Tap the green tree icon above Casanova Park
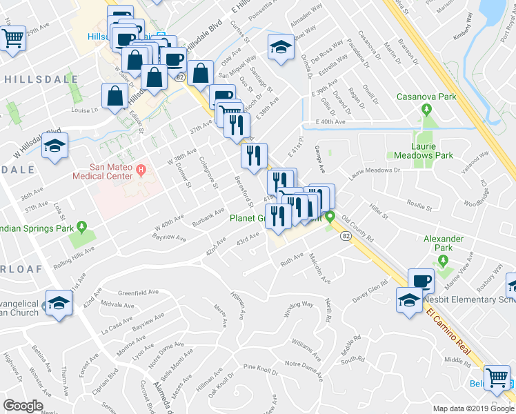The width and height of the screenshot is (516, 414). [x=426, y=110]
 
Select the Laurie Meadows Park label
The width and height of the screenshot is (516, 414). [x=419, y=155]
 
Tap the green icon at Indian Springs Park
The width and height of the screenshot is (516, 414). [x=82, y=226]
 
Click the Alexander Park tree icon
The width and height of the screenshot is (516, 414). [x=443, y=261]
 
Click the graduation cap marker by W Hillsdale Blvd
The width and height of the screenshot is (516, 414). [x=54, y=146]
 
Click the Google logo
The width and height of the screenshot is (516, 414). [x=23, y=406]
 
